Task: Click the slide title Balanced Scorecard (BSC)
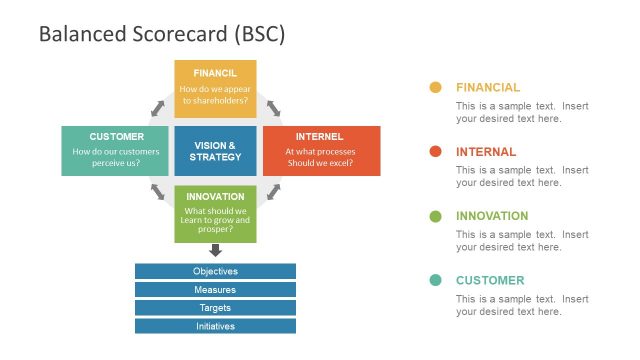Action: pos(162,34)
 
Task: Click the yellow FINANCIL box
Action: pos(215,88)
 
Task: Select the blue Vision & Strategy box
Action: pos(215,151)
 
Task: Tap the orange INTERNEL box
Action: pos(320,151)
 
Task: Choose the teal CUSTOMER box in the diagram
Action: pos(116,151)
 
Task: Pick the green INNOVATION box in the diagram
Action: pos(215,213)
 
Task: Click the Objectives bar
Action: pos(215,271)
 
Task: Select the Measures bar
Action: pos(215,289)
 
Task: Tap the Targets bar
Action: pos(215,307)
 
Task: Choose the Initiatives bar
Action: pos(215,326)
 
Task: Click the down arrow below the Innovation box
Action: pos(215,251)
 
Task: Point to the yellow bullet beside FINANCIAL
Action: pos(435,88)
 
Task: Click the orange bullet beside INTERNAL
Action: pos(435,152)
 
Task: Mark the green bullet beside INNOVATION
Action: pos(435,216)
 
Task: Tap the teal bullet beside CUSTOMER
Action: pos(435,280)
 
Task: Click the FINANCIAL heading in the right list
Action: pos(488,88)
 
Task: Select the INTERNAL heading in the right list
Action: pos(486,152)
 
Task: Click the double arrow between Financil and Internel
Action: pos(272,107)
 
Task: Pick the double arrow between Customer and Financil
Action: pos(158,107)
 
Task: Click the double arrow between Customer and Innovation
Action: pos(158,191)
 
